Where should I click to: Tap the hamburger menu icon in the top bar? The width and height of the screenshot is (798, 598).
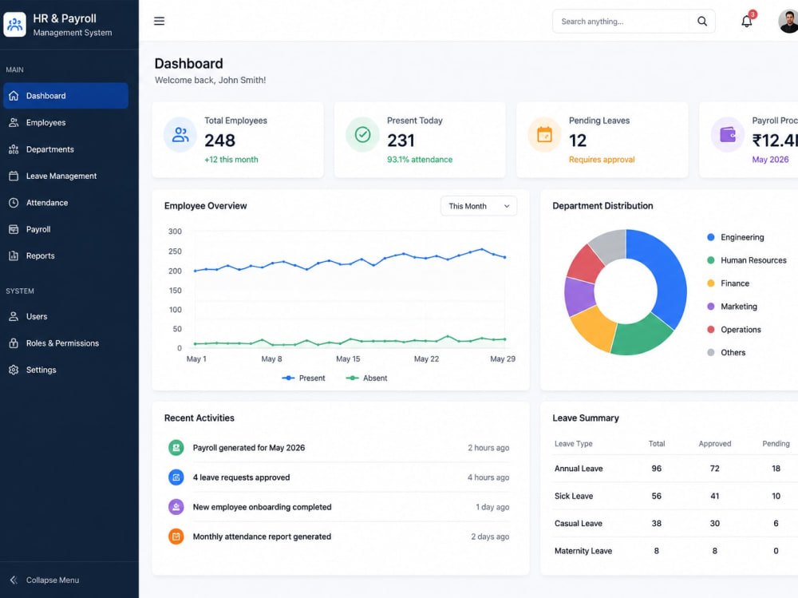tap(160, 21)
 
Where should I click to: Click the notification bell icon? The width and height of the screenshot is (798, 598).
tap(747, 22)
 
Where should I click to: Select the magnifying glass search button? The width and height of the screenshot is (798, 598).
tap(702, 22)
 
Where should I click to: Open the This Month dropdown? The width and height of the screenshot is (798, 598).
tap(479, 206)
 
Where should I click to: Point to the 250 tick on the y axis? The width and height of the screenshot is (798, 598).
tap(175, 251)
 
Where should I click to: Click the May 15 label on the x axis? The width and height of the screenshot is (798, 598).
tap(348, 359)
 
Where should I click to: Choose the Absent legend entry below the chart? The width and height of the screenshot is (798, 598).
tap(366, 378)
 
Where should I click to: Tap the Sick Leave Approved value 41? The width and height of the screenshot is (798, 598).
tap(714, 496)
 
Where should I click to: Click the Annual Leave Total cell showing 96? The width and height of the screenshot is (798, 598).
tap(657, 469)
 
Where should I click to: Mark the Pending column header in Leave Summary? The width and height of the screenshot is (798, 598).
tap(776, 444)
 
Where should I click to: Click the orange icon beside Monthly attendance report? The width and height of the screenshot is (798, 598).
tap(176, 537)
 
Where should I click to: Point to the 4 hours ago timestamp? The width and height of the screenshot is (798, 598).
tap(488, 477)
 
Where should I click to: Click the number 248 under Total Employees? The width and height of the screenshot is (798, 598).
tap(220, 141)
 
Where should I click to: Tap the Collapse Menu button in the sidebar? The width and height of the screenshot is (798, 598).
tap(44, 580)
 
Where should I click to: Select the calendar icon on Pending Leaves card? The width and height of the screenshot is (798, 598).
tap(544, 135)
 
